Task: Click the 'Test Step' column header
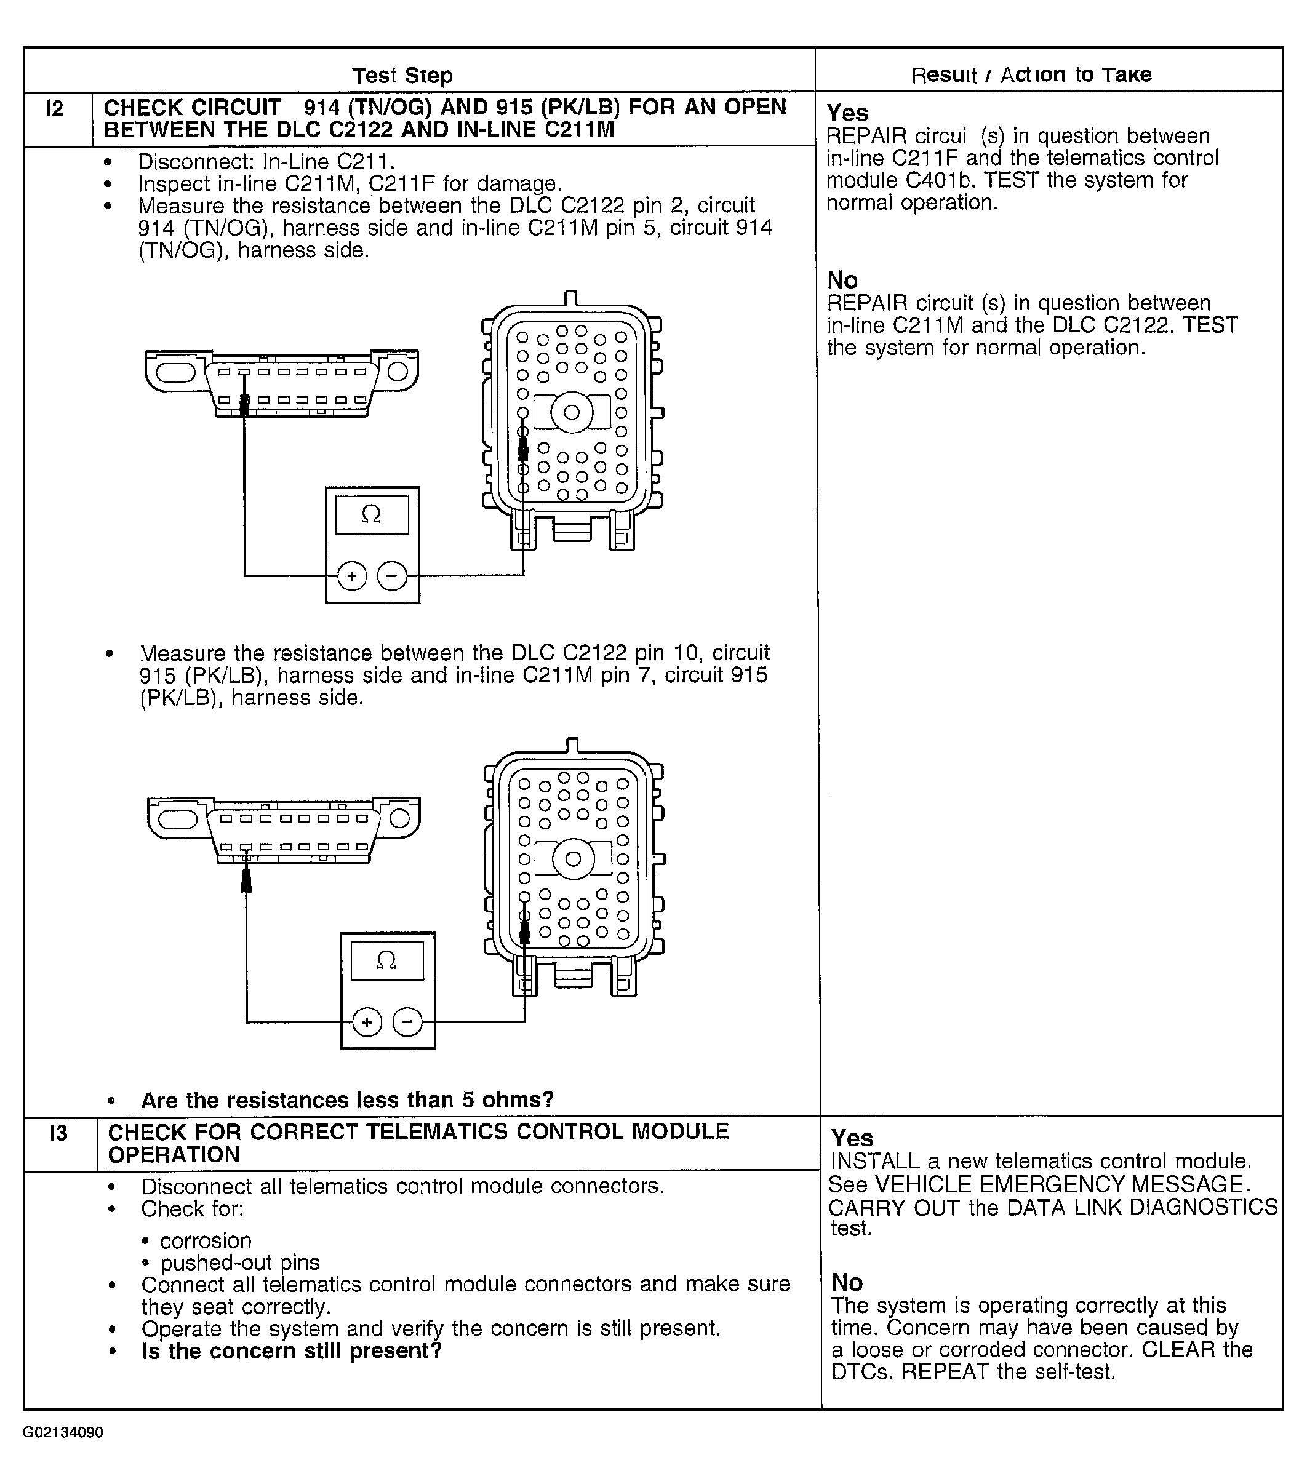tap(402, 76)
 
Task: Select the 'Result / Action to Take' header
tap(1031, 75)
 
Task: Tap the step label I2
tap(54, 108)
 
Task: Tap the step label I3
tap(58, 1133)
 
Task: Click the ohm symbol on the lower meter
tap(386, 960)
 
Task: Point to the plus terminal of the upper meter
tap(352, 576)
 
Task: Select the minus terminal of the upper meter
tap(392, 576)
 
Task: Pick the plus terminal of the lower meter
tap(367, 1023)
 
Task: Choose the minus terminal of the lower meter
tap(407, 1023)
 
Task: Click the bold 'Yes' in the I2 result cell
tap(847, 113)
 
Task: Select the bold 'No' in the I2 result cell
tap(842, 280)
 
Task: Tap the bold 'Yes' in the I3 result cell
tap(852, 1138)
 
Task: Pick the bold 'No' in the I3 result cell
tap(847, 1282)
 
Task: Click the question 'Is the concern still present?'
tap(291, 1351)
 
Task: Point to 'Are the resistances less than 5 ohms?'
tap(347, 1100)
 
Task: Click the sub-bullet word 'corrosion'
tap(206, 1240)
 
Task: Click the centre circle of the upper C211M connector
tap(572, 412)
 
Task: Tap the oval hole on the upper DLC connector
tap(176, 372)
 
